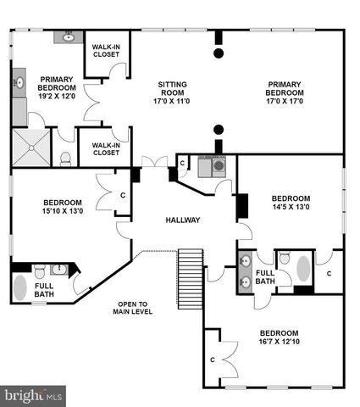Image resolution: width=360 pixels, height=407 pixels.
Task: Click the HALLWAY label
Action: point(183,220)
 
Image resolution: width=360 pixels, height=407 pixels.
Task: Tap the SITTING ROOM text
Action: point(172,89)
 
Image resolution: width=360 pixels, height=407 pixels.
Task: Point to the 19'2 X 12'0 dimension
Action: point(58,96)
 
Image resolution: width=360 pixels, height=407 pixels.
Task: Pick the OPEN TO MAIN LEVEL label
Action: point(132,308)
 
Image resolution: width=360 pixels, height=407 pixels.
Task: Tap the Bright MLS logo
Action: point(33,394)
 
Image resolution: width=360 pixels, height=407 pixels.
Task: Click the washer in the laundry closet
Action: point(218,166)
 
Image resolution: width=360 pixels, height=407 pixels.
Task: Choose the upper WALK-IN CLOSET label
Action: point(106,51)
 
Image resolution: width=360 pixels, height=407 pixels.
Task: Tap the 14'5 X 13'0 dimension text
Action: point(291,206)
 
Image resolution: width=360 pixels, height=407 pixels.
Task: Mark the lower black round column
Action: point(219,130)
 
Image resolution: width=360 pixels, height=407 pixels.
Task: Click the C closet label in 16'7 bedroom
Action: point(212,360)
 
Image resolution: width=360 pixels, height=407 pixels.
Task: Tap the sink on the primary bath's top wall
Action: point(68,37)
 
